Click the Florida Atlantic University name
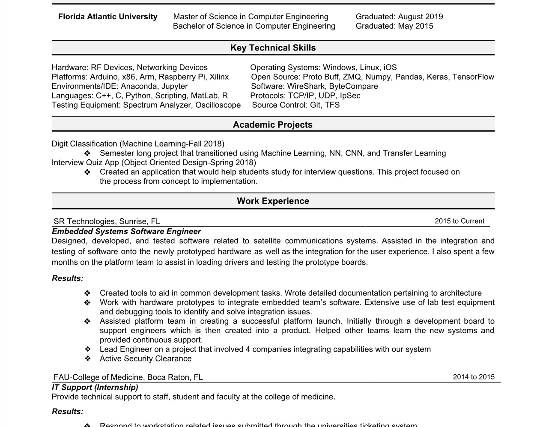tap(107, 17)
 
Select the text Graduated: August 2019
tap(399, 17)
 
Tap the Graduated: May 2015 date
tap(394, 26)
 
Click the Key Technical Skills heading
tap(273, 48)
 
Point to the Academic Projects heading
tap(273, 125)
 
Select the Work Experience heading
tap(273, 201)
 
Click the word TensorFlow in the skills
tap(473, 77)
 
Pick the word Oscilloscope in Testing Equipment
tap(218, 105)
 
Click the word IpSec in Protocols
tap(350, 96)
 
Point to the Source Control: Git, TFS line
tap(295, 105)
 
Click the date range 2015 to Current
tap(459, 221)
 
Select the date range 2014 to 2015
tap(474, 377)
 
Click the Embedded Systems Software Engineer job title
tap(126, 231)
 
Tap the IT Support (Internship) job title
tap(95, 387)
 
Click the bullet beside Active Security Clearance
tap(87, 359)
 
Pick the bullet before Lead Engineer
tap(87, 349)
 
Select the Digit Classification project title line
tap(138, 144)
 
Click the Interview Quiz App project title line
tap(154, 163)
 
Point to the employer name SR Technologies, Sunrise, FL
tap(107, 221)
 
